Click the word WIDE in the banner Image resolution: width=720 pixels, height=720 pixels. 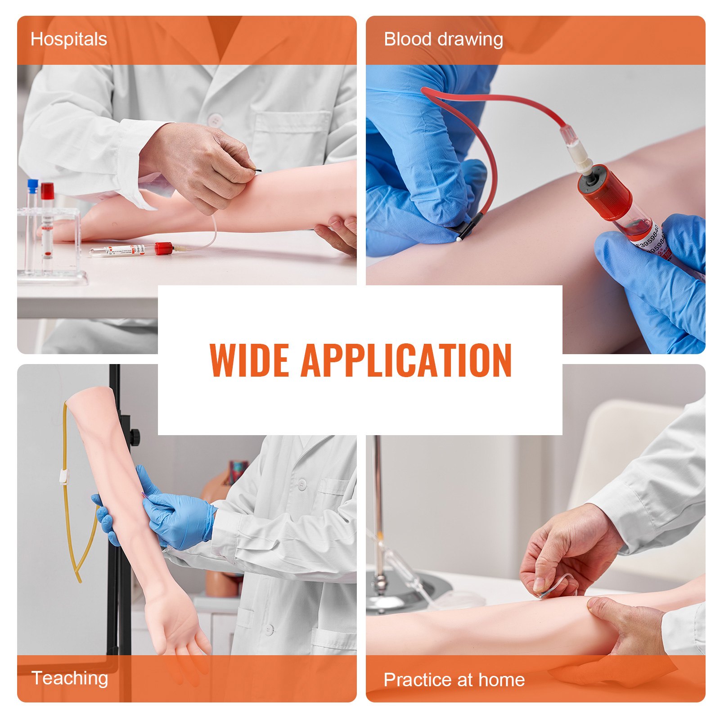click(x=249, y=360)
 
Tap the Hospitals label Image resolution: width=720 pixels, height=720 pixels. click(x=69, y=40)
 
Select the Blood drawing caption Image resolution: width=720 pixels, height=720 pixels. click(x=443, y=40)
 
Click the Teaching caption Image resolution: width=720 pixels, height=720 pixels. click(x=70, y=678)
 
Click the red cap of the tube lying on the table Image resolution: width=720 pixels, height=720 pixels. click(x=164, y=248)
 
